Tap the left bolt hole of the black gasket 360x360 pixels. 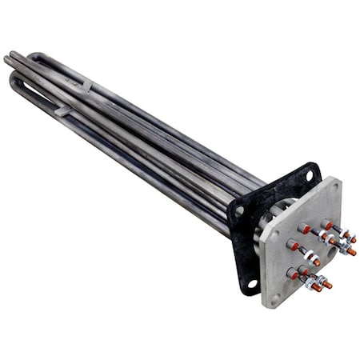[x=238, y=211]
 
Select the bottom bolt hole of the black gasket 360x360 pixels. [x=252, y=282]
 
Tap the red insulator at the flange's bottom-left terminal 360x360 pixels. [x=294, y=274]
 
